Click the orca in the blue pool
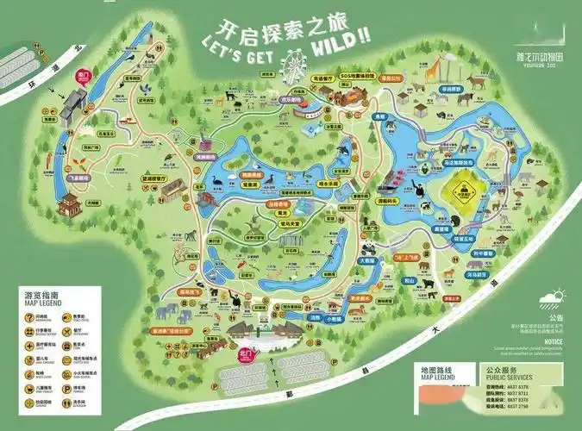[344, 153]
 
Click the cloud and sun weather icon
[549, 300]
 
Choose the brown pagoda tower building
[68, 205]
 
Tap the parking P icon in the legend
[28, 387]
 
